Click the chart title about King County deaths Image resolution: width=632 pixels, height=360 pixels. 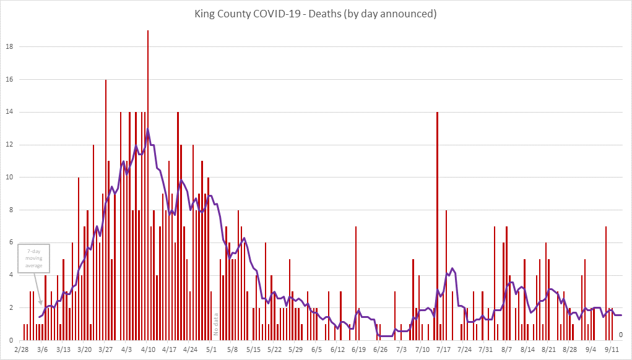click(x=316, y=14)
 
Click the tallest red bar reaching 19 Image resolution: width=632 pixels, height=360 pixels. click(x=147, y=186)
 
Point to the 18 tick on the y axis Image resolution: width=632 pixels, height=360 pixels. click(x=9, y=47)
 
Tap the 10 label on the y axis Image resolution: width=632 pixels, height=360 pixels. click(x=9, y=178)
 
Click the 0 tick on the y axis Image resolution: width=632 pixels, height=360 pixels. click(x=11, y=340)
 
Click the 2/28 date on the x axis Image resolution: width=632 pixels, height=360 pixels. click(x=20, y=350)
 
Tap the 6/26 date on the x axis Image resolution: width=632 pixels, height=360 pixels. click(x=379, y=350)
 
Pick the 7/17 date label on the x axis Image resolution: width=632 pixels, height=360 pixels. click(x=443, y=350)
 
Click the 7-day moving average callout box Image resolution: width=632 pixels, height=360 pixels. click(x=34, y=258)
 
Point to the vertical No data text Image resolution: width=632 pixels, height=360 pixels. click(x=217, y=324)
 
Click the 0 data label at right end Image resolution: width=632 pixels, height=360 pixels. click(x=620, y=335)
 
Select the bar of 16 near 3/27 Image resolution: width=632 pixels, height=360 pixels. click(x=105, y=210)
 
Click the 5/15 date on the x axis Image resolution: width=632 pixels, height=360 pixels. click(x=253, y=350)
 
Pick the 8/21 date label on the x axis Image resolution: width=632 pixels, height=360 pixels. click(x=548, y=350)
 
